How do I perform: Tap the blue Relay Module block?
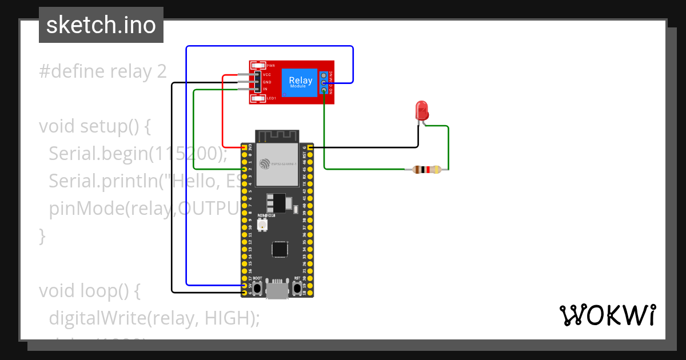tap(301, 82)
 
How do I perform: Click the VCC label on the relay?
tap(267, 75)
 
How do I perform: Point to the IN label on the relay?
tap(265, 89)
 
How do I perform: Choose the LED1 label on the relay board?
tap(271, 99)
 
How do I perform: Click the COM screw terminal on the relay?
tap(324, 83)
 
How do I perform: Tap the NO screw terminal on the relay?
tap(324, 90)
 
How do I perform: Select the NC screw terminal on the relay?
tap(324, 75)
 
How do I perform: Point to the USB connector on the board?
tap(277, 290)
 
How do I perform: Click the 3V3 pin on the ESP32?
tap(245, 147)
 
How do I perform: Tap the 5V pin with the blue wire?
tap(245, 285)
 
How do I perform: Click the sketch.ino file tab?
tap(101, 25)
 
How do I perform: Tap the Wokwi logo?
tap(607, 315)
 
